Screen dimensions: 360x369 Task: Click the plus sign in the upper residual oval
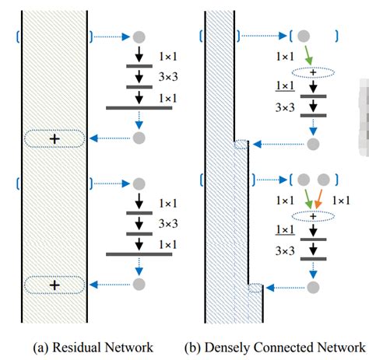point(54,138)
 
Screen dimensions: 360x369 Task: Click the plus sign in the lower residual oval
point(54,285)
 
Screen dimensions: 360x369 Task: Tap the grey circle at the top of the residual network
point(139,37)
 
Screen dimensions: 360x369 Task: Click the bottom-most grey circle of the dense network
point(313,287)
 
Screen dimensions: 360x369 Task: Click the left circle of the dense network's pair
point(306,180)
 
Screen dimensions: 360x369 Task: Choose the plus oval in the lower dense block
point(313,218)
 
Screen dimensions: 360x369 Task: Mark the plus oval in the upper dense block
point(313,72)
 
